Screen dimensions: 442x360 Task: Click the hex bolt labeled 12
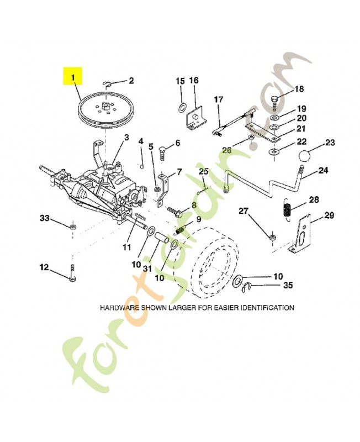pyautogui.click(x=72, y=272)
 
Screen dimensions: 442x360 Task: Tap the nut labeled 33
pyautogui.click(x=72, y=227)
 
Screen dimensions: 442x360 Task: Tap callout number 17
pyautogui.click(x=219, y=99)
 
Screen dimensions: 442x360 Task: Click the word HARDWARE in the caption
pyautogui.click(x=120, y=307)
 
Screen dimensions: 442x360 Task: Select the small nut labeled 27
pyautogui.click(x=272, y=238)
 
